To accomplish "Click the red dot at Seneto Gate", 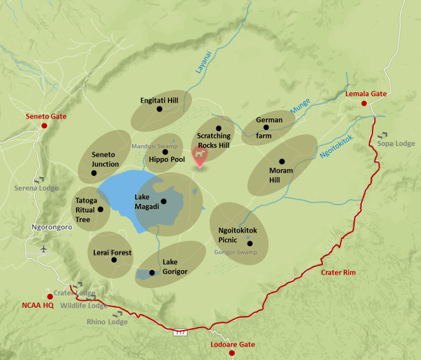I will coord(44,126).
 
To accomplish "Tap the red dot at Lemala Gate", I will coord(364,103).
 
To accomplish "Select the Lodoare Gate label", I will coord(232,345).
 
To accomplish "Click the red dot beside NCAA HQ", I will coord(50,296).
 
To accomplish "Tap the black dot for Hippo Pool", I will coord(165,152).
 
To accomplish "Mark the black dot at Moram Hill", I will coord(281,161).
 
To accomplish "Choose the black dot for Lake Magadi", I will coord(164,201).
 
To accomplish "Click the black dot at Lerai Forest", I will coord(114,259).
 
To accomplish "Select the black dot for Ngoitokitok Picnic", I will coord(250,243).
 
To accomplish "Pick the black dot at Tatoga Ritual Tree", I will coord(100,209).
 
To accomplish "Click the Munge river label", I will coord(300,106).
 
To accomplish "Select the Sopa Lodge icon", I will coord(383,135).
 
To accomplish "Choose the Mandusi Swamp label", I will coord(154,146).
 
